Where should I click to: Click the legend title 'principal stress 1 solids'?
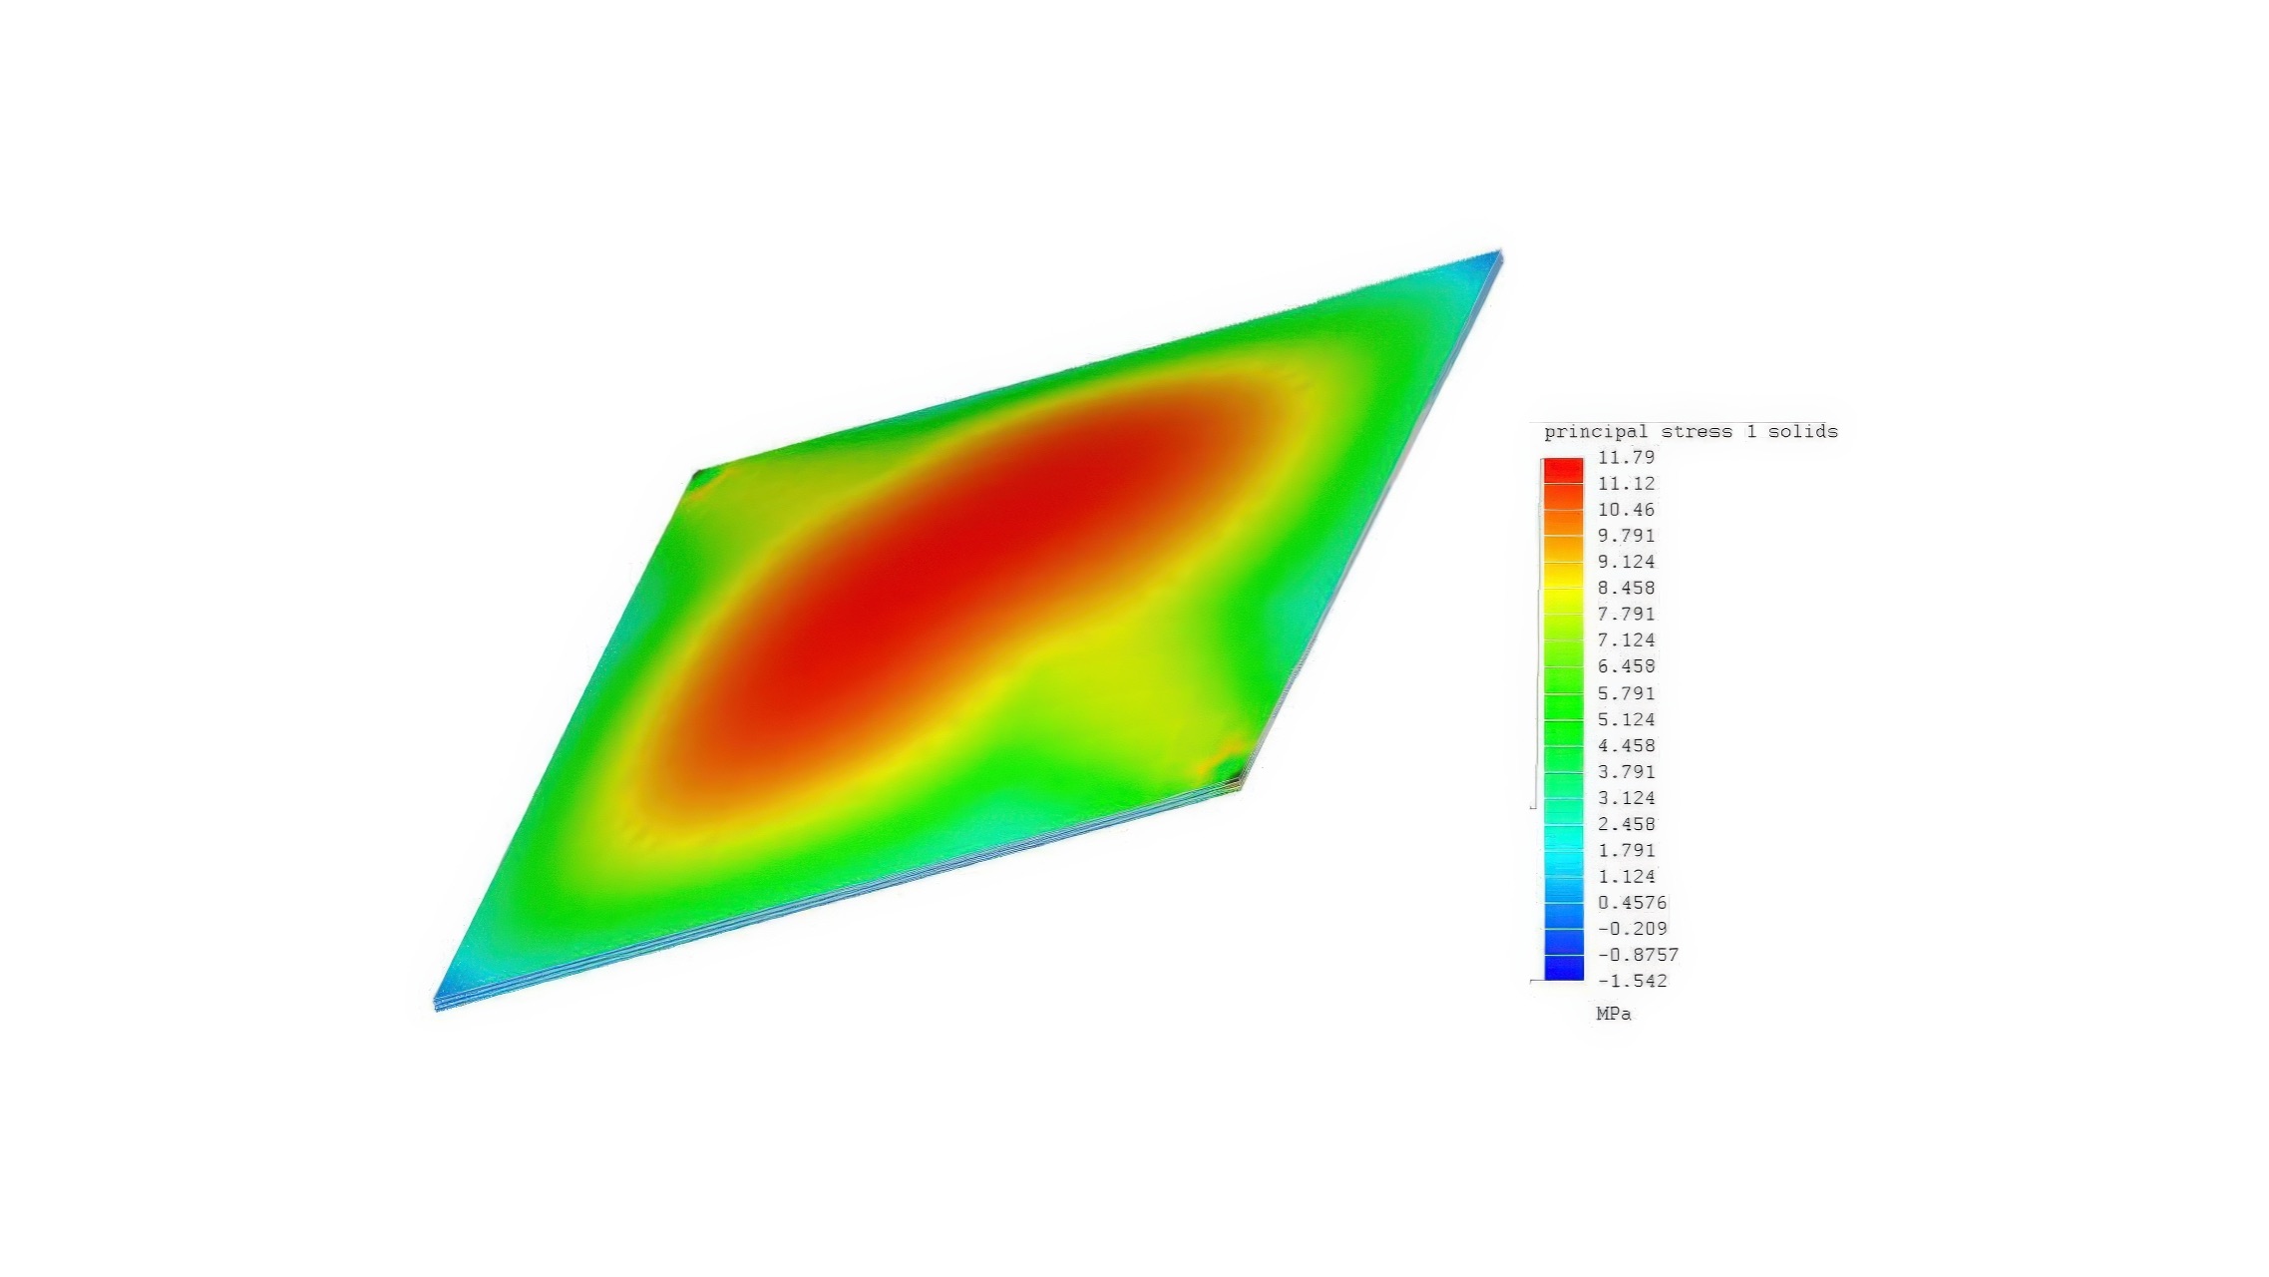[x=1691, y=432]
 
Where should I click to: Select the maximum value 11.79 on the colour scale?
[x=1626, y=457]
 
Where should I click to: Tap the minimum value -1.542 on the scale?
[x=1632, y=981]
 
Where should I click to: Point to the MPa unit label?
[x=1614, y=1014]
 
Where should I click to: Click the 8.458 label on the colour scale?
[x=1626, y=588]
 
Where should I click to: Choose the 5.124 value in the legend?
[x=1626, y=719]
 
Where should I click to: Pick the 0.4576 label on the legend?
[x=1632, y=902]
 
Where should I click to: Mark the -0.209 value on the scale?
[x=1632, y=929]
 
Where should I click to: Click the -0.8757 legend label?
[x=1638, y=955]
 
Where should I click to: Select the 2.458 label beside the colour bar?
[x=1626, y=824]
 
